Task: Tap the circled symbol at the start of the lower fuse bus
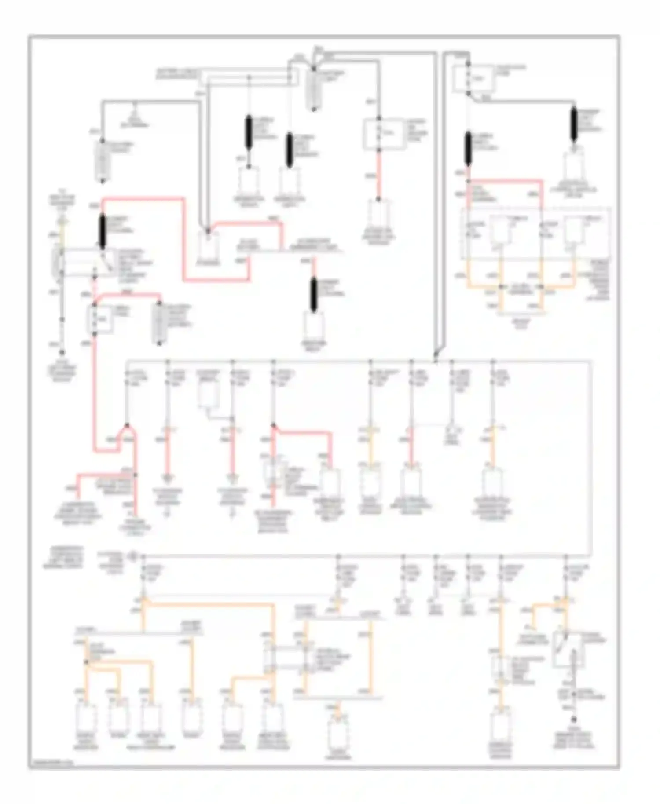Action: (132, 556)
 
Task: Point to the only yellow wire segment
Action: (62, 231)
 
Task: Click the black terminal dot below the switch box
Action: (573, 720)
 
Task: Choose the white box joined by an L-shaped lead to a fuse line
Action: (208, 395)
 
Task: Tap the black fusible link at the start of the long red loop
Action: (103, 231)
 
